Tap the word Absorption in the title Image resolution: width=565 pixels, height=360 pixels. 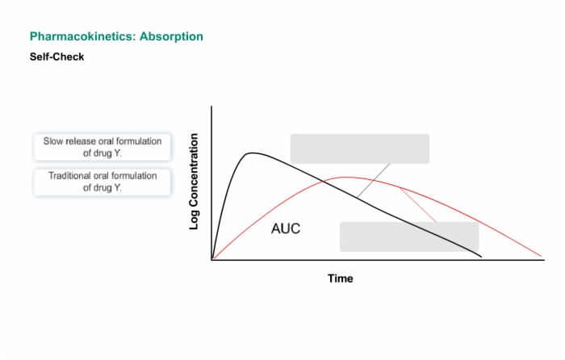[171, 36]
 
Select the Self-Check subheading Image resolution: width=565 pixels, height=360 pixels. [57, 57]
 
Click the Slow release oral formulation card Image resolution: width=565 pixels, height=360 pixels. [103, 147]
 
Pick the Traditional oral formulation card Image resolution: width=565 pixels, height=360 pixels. [103, 182]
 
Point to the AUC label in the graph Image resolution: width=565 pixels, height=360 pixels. [286, 228]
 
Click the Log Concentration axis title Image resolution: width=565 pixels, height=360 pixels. [194, 182]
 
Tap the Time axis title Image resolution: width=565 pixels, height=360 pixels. [340, 278]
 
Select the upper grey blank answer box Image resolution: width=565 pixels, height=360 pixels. [360, 149]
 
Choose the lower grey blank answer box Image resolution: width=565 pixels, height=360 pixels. [409, 237]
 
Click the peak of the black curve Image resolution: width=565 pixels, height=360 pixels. [252, 153]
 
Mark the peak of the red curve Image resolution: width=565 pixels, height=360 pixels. [345, 178]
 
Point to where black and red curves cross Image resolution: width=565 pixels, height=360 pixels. [323, 182]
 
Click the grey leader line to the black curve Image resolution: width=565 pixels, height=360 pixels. [373, 181]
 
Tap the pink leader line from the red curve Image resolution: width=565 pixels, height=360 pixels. [418, 205]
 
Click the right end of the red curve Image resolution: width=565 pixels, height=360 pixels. [542, 256]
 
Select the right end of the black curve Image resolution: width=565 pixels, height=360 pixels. [481, 257]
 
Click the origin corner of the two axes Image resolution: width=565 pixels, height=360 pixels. [211, 259]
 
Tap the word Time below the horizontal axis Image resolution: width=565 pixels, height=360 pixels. [340, 278]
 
